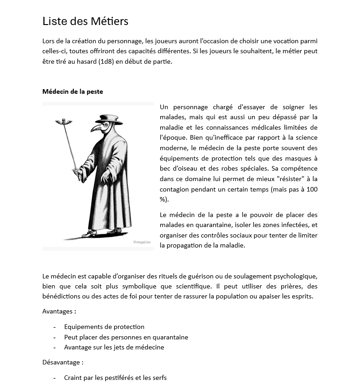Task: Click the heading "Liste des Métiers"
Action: point(85,21)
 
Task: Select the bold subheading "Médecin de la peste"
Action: point(72,91)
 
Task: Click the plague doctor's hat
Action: point(109,119)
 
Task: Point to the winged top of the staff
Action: point(64,121)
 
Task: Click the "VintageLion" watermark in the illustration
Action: point(142,242)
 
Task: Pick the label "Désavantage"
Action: point(61,363)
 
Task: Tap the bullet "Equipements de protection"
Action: point(104,327)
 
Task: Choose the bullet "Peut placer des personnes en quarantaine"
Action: point(126,337)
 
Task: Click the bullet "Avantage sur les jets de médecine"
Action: point(114,347)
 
